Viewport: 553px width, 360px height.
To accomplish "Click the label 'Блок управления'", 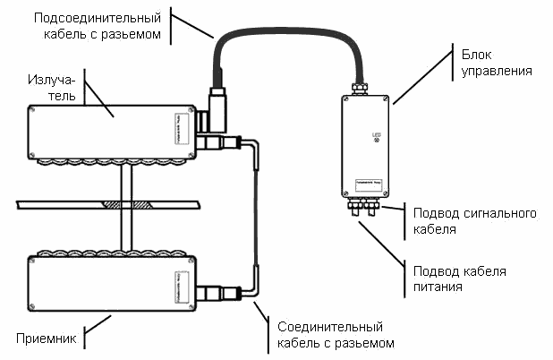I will point(493,60).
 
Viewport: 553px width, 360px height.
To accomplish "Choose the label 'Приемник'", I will point(41,339).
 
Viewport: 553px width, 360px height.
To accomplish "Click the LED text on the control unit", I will point(377,134).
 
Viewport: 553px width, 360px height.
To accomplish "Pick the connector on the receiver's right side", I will point(217,292).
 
